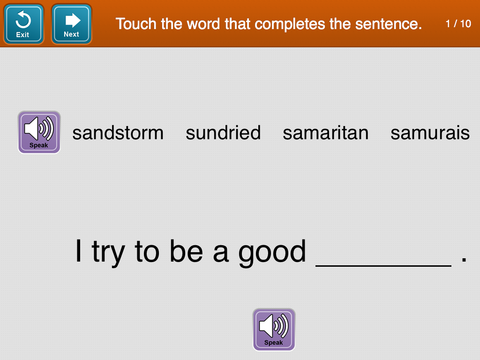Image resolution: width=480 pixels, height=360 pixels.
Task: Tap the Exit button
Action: [23, 24]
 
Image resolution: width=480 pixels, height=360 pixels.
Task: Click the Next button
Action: [71, 24]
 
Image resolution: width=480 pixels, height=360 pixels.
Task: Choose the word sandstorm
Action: [118, 133]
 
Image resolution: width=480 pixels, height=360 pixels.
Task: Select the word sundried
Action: [223, 133]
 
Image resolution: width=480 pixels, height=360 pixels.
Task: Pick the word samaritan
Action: [325, 133]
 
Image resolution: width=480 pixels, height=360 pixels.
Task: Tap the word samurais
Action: [430, 133]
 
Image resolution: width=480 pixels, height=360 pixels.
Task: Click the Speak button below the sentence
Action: [274, 330]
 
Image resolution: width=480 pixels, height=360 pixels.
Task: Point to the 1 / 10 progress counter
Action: [458, 23]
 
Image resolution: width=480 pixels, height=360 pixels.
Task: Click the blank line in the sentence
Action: [383, 266]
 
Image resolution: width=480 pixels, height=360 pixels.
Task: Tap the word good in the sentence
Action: [272, 253]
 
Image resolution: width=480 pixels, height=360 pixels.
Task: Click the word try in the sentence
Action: [108, 253]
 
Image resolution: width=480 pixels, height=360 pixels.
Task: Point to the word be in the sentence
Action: [187, 251]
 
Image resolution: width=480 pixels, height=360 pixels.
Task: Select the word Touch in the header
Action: [136, 23]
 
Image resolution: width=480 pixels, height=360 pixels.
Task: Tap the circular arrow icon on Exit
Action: [23, 19]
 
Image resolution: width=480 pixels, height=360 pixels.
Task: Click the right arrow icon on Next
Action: [73, 20]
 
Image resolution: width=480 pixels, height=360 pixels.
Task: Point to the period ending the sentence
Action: [464, 260]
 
